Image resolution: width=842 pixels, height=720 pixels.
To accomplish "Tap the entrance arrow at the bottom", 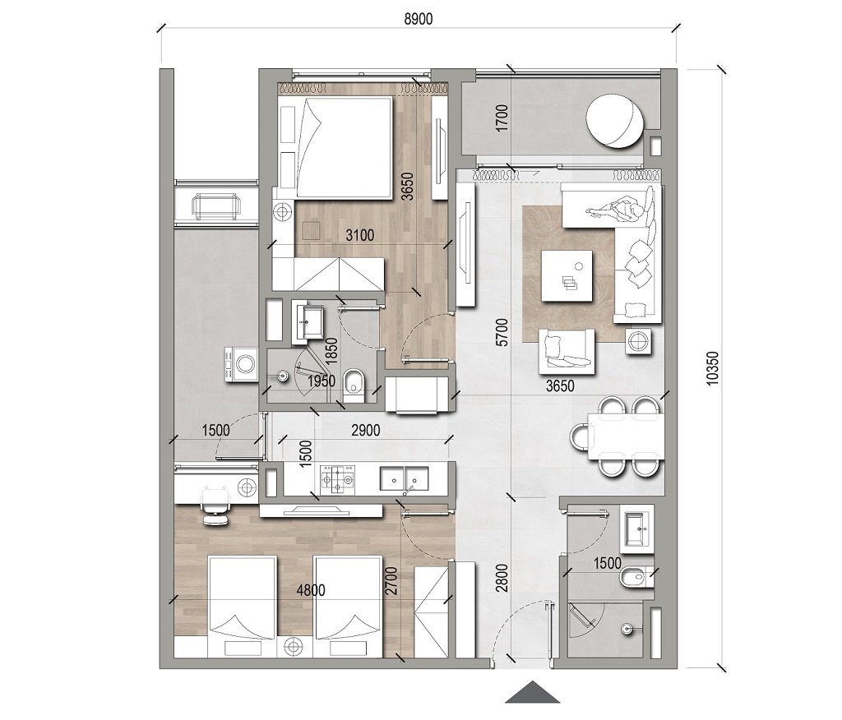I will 533,692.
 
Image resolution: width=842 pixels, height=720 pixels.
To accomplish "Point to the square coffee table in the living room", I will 567,275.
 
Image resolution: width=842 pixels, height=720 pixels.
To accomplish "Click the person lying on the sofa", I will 619,211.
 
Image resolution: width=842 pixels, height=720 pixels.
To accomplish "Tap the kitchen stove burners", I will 340,478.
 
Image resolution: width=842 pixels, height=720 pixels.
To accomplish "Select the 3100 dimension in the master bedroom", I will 359,236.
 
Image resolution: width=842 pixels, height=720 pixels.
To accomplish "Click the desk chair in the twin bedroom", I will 215,502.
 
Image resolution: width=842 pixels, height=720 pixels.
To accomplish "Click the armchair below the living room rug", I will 567,348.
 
